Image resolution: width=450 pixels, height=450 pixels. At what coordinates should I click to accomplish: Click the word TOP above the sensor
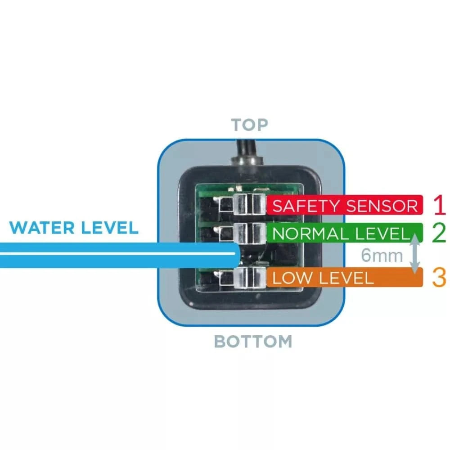click(249, 125)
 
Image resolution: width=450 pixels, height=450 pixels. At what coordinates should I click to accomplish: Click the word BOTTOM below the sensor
click(252, 342)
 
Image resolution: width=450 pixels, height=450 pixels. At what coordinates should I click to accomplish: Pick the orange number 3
click(439, 278)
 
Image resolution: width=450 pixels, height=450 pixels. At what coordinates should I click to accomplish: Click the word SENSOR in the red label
click(382, 206)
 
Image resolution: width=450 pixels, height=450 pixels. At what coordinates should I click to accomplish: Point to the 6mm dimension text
click(382, 256)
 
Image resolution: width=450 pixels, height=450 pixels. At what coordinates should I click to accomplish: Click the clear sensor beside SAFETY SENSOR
click(247, 205)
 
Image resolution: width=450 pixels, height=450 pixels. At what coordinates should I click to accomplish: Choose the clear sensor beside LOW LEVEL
click(247, 276)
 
